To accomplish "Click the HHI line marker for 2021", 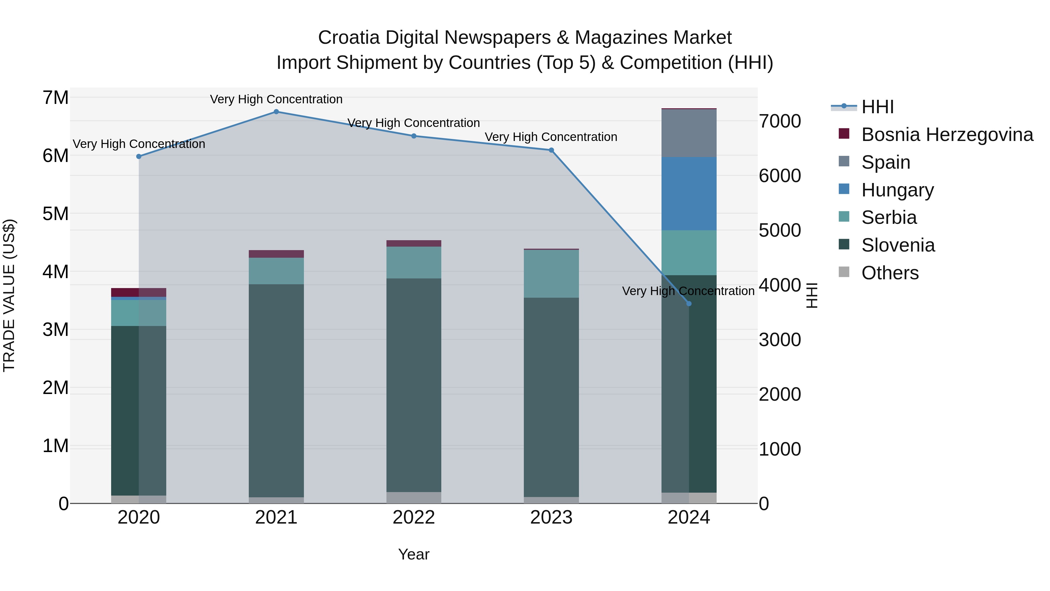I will pyautogui.click(x=276, y=112).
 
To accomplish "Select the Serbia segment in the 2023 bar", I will pyautogui.click(x=551, y=274).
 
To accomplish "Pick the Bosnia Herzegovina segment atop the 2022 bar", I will pyautogui.click(x=414, y=243).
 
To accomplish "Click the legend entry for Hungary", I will pyautogui.click(x=897, y=190).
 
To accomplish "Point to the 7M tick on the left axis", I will pyautogui.click(x=55, y=98).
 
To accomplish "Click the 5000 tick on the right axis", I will pyautogui.click(x=780, y=231).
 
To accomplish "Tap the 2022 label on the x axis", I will pyautogui.click(x=414, y=517).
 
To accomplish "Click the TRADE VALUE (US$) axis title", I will pyautogui.click(x=9, y=295).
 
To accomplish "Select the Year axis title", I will pyautogui.click(x=414, y=554).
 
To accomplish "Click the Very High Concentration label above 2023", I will pyautogui.click(x=551, y=137).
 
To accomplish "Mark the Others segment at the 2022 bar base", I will pyautogui.click(x=414, y=498).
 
